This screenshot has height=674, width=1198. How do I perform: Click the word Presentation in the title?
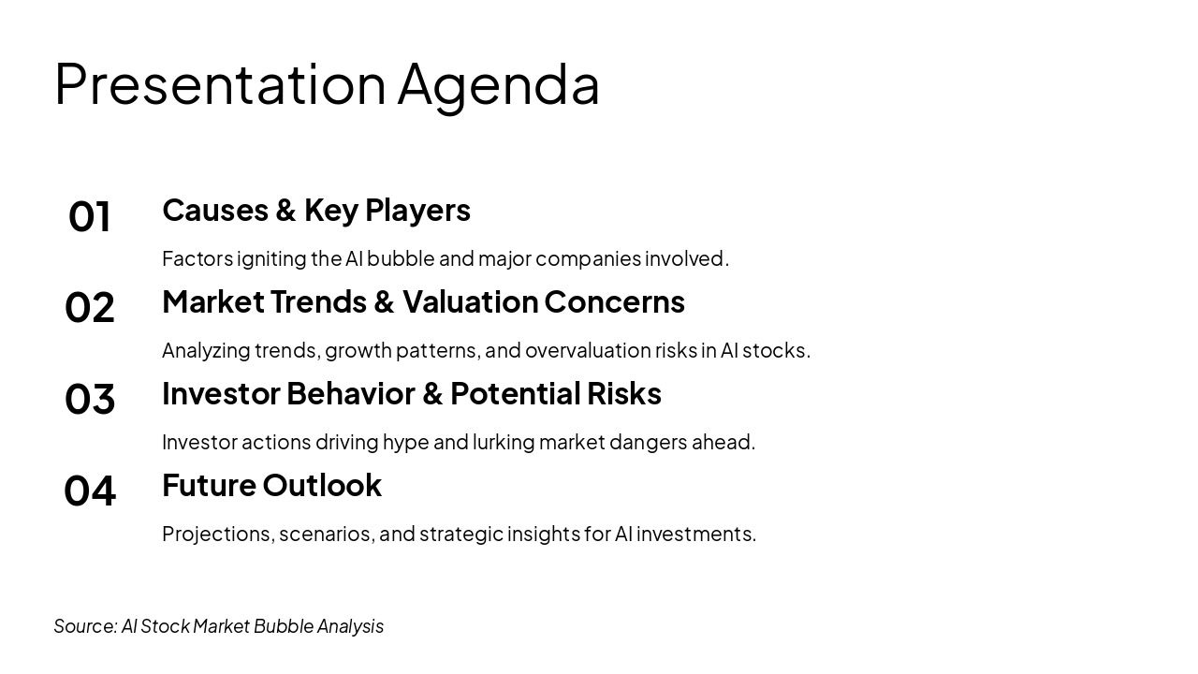click(220, 84)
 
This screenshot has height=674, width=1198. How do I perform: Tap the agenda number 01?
click(90, 216)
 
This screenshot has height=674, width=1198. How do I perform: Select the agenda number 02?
click(90, 308)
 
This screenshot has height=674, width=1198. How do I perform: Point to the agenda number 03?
click(90, 399)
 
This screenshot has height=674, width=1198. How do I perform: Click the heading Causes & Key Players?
click(316, 211)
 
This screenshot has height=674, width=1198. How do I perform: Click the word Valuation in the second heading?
click(470, 301)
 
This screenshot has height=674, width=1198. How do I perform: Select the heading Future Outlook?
click(271, 485)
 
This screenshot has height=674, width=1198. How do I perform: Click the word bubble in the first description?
click(402, 258)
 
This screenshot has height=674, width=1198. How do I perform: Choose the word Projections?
click(219, 535)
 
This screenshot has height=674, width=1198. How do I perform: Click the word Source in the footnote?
click(85, 626)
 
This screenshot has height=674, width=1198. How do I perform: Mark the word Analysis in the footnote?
click(350, 627)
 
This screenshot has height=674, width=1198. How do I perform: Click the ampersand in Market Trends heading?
click(384, 302)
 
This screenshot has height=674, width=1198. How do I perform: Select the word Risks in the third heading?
click(624, 394)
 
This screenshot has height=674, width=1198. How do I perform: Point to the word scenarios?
click(327, 535)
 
